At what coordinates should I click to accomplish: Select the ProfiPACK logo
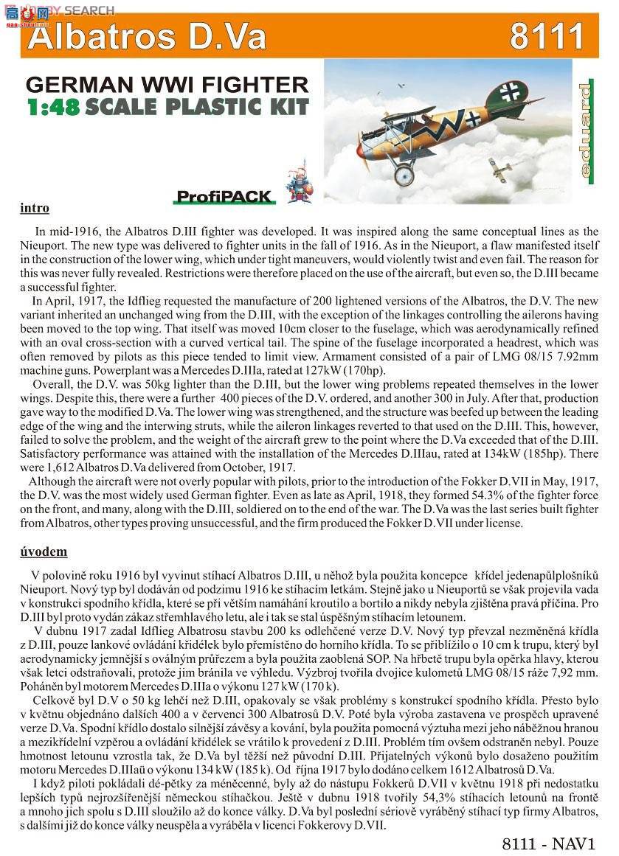(x=224, y=197)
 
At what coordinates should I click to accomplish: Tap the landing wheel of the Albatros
(x=404, y=174)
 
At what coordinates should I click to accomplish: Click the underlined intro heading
(x=35, y=209)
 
